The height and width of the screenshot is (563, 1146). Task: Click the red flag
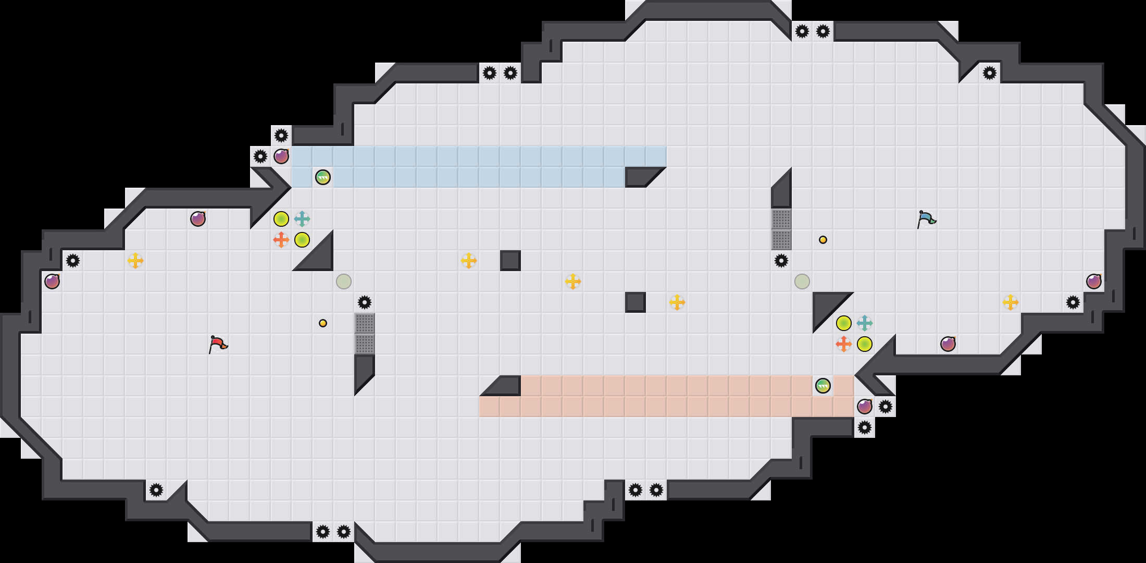(x=218, y=344)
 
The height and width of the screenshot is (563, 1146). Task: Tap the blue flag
(x=926, y=219)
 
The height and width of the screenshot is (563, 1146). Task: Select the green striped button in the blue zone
(x=323, y=177)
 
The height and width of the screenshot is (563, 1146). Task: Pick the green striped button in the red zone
(x=823, y=386)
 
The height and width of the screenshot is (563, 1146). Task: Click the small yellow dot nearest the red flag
(x=323, y=323)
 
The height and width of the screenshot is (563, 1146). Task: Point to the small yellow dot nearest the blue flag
(x=823, y=240)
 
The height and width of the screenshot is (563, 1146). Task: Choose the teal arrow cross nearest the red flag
(x=302, y=219)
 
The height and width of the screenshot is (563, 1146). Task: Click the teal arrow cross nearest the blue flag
(x=865, y=323)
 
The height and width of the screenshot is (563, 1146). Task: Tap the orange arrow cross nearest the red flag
(x=281, y=240)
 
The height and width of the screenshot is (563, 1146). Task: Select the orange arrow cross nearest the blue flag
(x=844, y=344)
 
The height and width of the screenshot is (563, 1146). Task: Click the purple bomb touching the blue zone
(x=281, y=156)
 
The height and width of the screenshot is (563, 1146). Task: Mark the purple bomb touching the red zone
(x=865, y=407)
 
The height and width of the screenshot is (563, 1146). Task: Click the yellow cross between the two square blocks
(x=573, y=281)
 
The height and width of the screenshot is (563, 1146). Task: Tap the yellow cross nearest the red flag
(x=135, y=261)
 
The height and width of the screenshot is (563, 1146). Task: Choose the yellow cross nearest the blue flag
(x=1011, y=302)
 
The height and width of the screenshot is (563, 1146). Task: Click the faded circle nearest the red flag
(x=344, y=281)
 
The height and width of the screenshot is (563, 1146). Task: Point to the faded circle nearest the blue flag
(x=802, y=281)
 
